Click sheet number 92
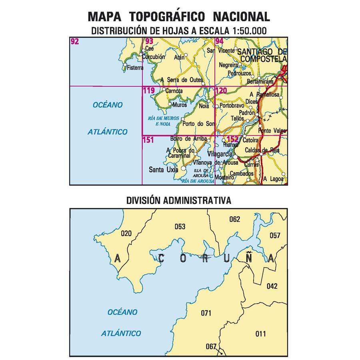(x=74, y=41)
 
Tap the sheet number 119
(x=148, y=91)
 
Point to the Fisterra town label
(x=134, y=68)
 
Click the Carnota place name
(x=174, y=91)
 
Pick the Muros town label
(x=180, y=105)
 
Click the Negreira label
(x=229, y=65)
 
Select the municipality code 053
(x=180, y=227)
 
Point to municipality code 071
(x=206, y=313)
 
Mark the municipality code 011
(x=260, y=334)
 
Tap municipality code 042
(x=272, y=286)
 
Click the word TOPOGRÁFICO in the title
(x=168, y=16)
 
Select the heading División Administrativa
(x=178, y=200)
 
